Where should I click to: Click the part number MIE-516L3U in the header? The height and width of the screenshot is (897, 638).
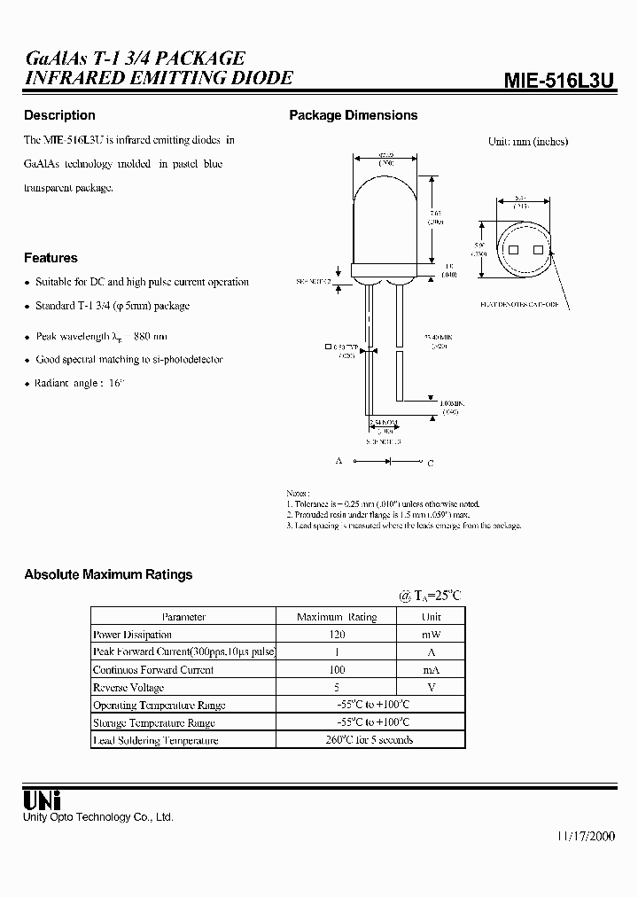click(558, 81)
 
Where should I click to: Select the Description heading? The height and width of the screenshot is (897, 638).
click(59, 115)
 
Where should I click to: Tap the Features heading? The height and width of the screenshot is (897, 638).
click(51, 258)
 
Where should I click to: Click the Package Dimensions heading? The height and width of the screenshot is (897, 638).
click(354, 115)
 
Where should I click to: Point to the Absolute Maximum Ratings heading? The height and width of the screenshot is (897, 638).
click(108, 574)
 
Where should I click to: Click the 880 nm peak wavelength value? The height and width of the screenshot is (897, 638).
click(149, 337)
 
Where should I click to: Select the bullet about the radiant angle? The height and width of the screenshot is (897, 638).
click(80, 383)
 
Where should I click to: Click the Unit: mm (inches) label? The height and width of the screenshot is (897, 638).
click(528, 141)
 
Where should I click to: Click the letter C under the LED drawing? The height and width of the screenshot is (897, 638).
click(431, 462)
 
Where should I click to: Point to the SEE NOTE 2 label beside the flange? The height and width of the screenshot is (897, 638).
click(314, 281)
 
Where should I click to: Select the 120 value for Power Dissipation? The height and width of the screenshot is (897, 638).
click(336, 635)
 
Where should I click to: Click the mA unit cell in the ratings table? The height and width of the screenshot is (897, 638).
click(431, 670)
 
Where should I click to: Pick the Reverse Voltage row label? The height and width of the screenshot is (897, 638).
click(128, 688)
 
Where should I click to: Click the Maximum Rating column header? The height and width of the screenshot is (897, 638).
click(336, 617)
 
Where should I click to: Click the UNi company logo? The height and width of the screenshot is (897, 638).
click(42, 799)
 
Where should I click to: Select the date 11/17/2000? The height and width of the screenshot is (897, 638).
click(586, 837)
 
